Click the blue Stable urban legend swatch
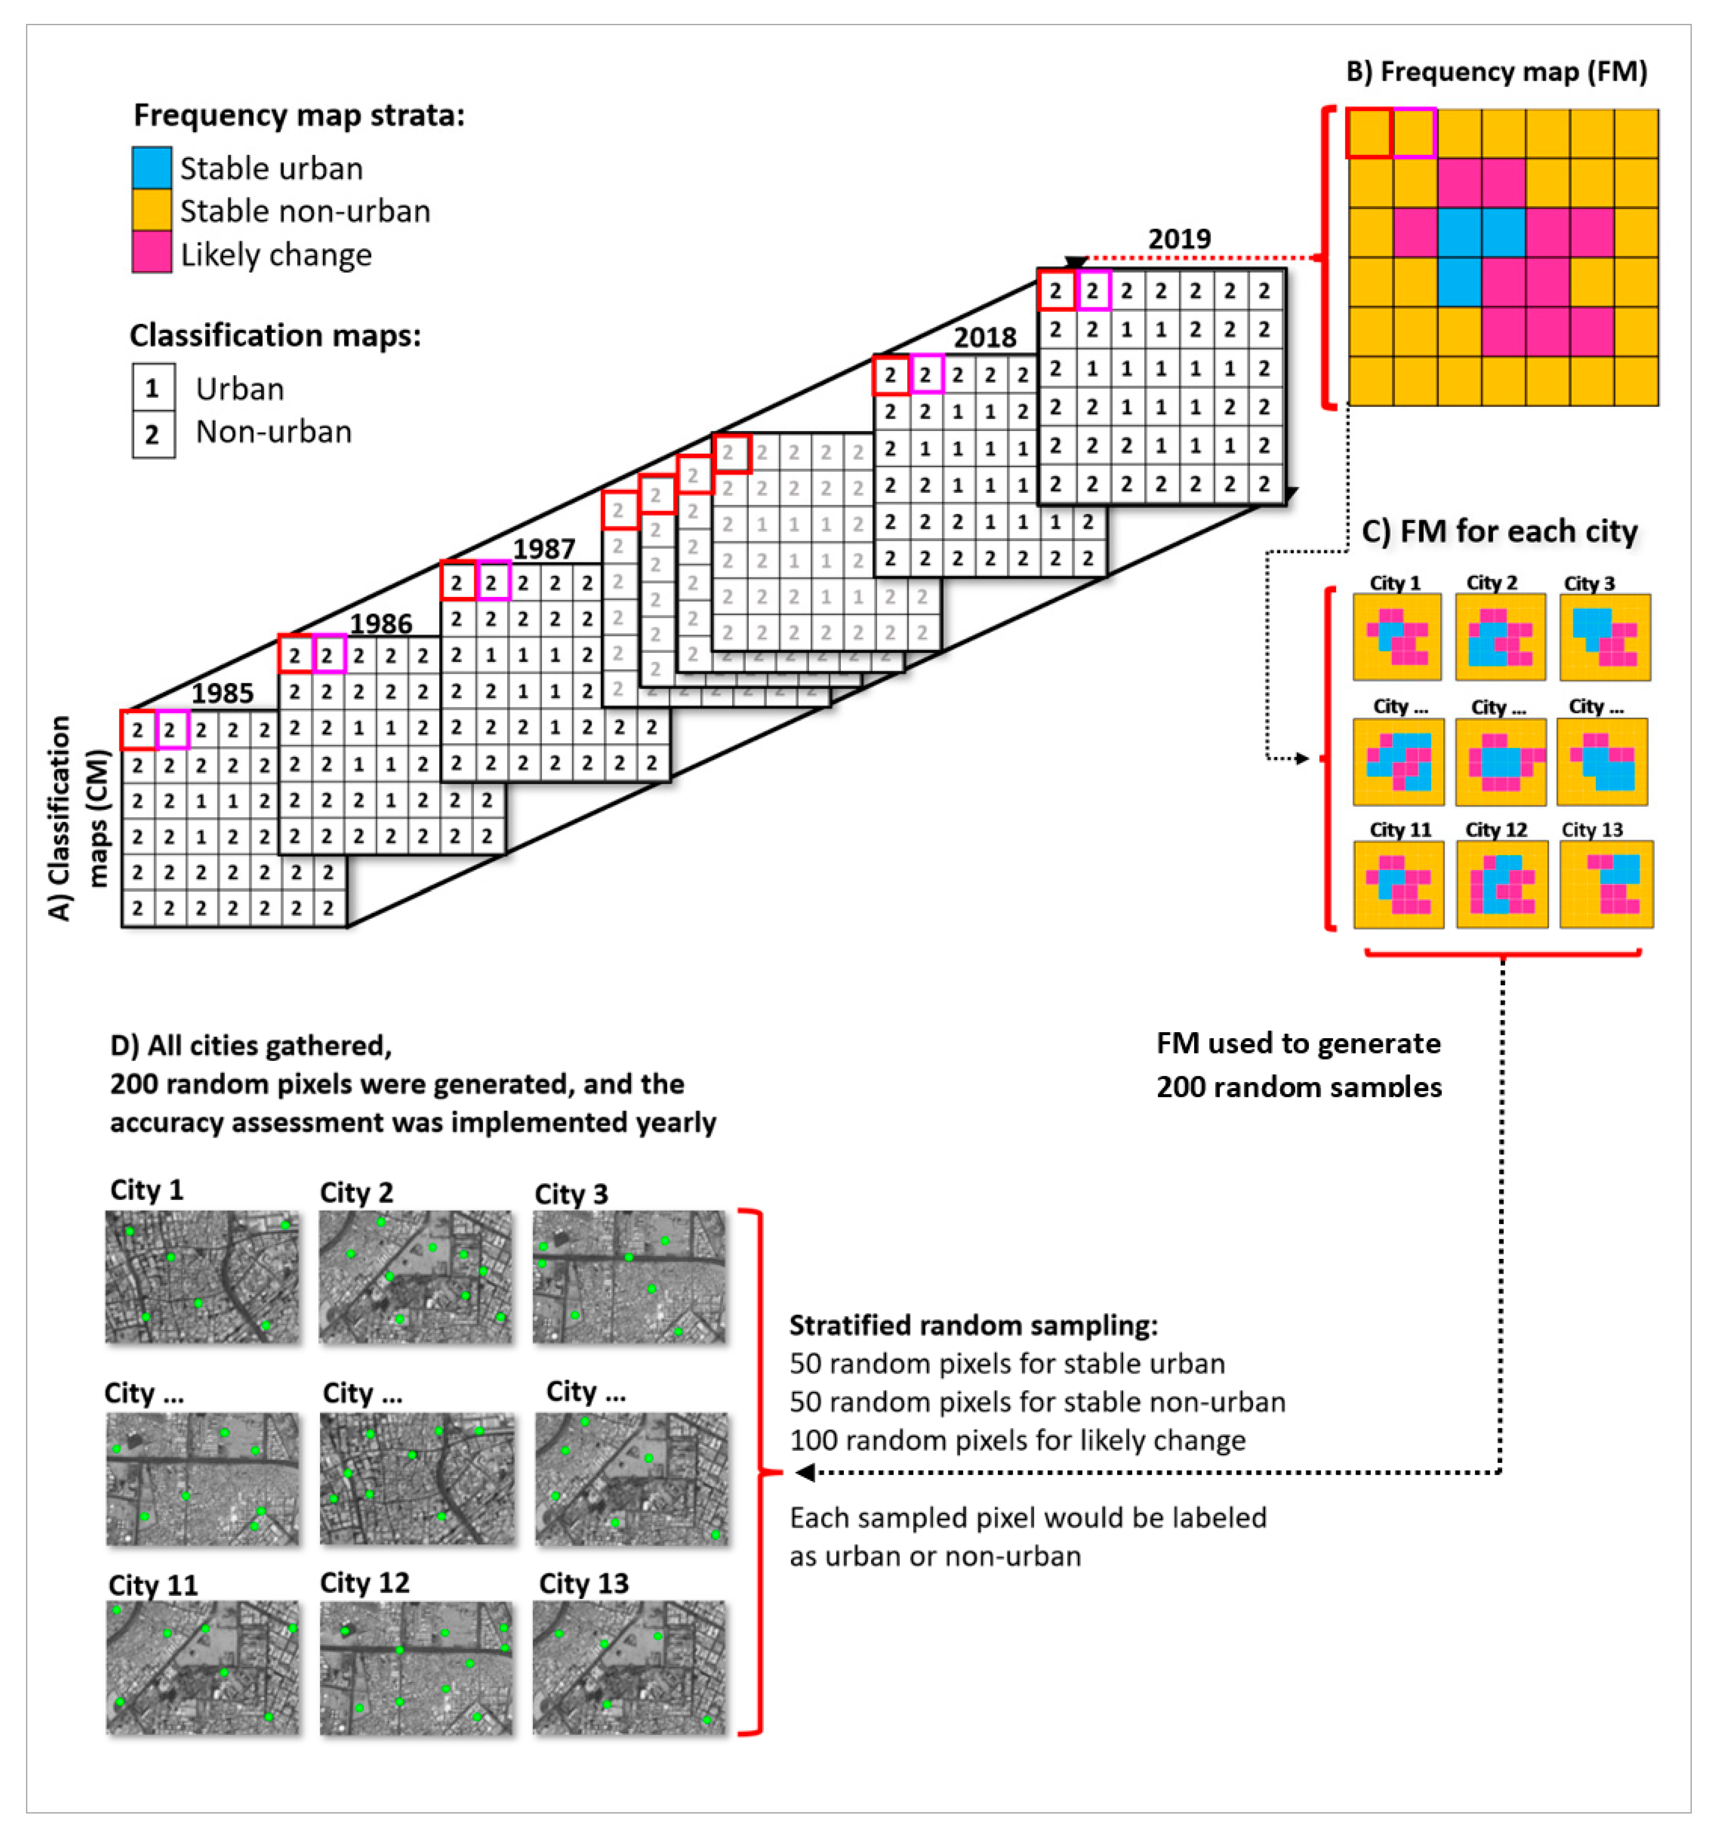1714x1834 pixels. click(x=151, y=168)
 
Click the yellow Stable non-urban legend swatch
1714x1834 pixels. click(x=151, y=210)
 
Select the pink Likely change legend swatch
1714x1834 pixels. click(x=151, y=253)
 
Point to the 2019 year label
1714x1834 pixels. click(x=1179, y=239)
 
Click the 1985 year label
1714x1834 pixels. click(x=222, y=693)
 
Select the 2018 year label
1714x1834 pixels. click(x=984, y=338)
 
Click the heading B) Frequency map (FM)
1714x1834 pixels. click(x=1496, y=72)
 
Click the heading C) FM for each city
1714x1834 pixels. click(x=1499, y=531)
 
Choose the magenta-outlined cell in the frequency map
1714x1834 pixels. click(x=1413, y=133)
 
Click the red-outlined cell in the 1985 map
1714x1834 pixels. click(x=137, y=730)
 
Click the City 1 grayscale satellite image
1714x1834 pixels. click(x=202, y=1276)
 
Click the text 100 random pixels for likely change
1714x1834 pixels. click(x=1017, y=1440)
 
